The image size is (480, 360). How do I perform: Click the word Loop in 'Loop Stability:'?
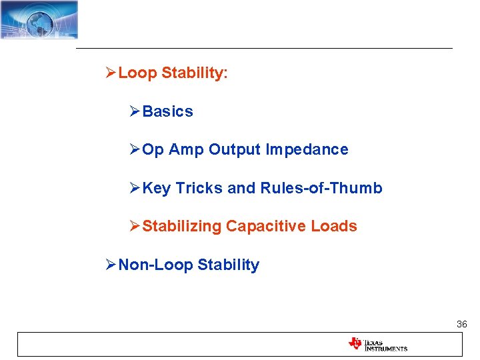(137, 73)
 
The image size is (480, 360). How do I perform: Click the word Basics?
(167, 112)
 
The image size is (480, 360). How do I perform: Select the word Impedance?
(307, 150)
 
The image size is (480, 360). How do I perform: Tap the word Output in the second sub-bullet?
(235, 150)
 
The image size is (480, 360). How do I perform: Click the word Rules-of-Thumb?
(321, 189)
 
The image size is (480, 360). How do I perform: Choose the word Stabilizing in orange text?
(181, 227)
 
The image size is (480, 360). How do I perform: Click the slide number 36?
(461, 324)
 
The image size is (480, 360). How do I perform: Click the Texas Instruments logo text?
(385, 345)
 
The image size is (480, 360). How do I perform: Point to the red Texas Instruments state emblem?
(355, 344)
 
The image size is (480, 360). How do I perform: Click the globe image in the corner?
(39, 19)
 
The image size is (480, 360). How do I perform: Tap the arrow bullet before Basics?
(135, 112)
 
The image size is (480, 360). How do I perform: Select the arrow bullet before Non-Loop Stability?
(111, 265)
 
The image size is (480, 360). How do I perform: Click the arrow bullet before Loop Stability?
(111, 73)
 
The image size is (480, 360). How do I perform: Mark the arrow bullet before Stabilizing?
(135, 227)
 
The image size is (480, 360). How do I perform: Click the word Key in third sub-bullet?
(157, 189)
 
